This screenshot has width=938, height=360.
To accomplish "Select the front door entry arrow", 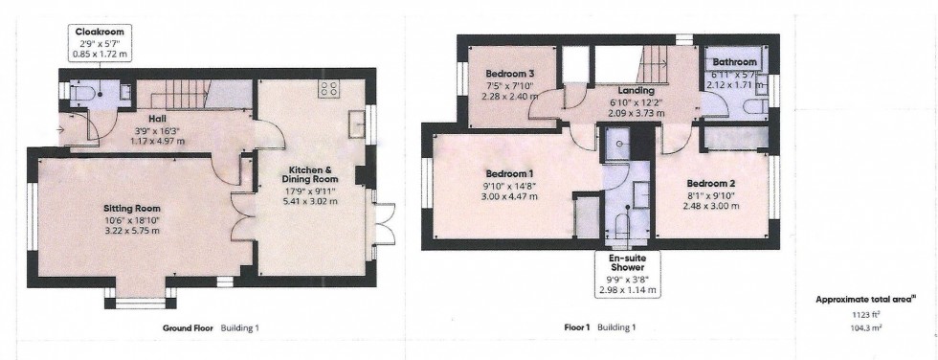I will pos(63,126).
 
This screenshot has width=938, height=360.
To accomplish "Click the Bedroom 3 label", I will pos(508,74).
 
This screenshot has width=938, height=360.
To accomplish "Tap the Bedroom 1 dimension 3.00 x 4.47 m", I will pos(508,196).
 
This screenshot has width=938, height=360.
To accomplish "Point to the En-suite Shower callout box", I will pos(626,272).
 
